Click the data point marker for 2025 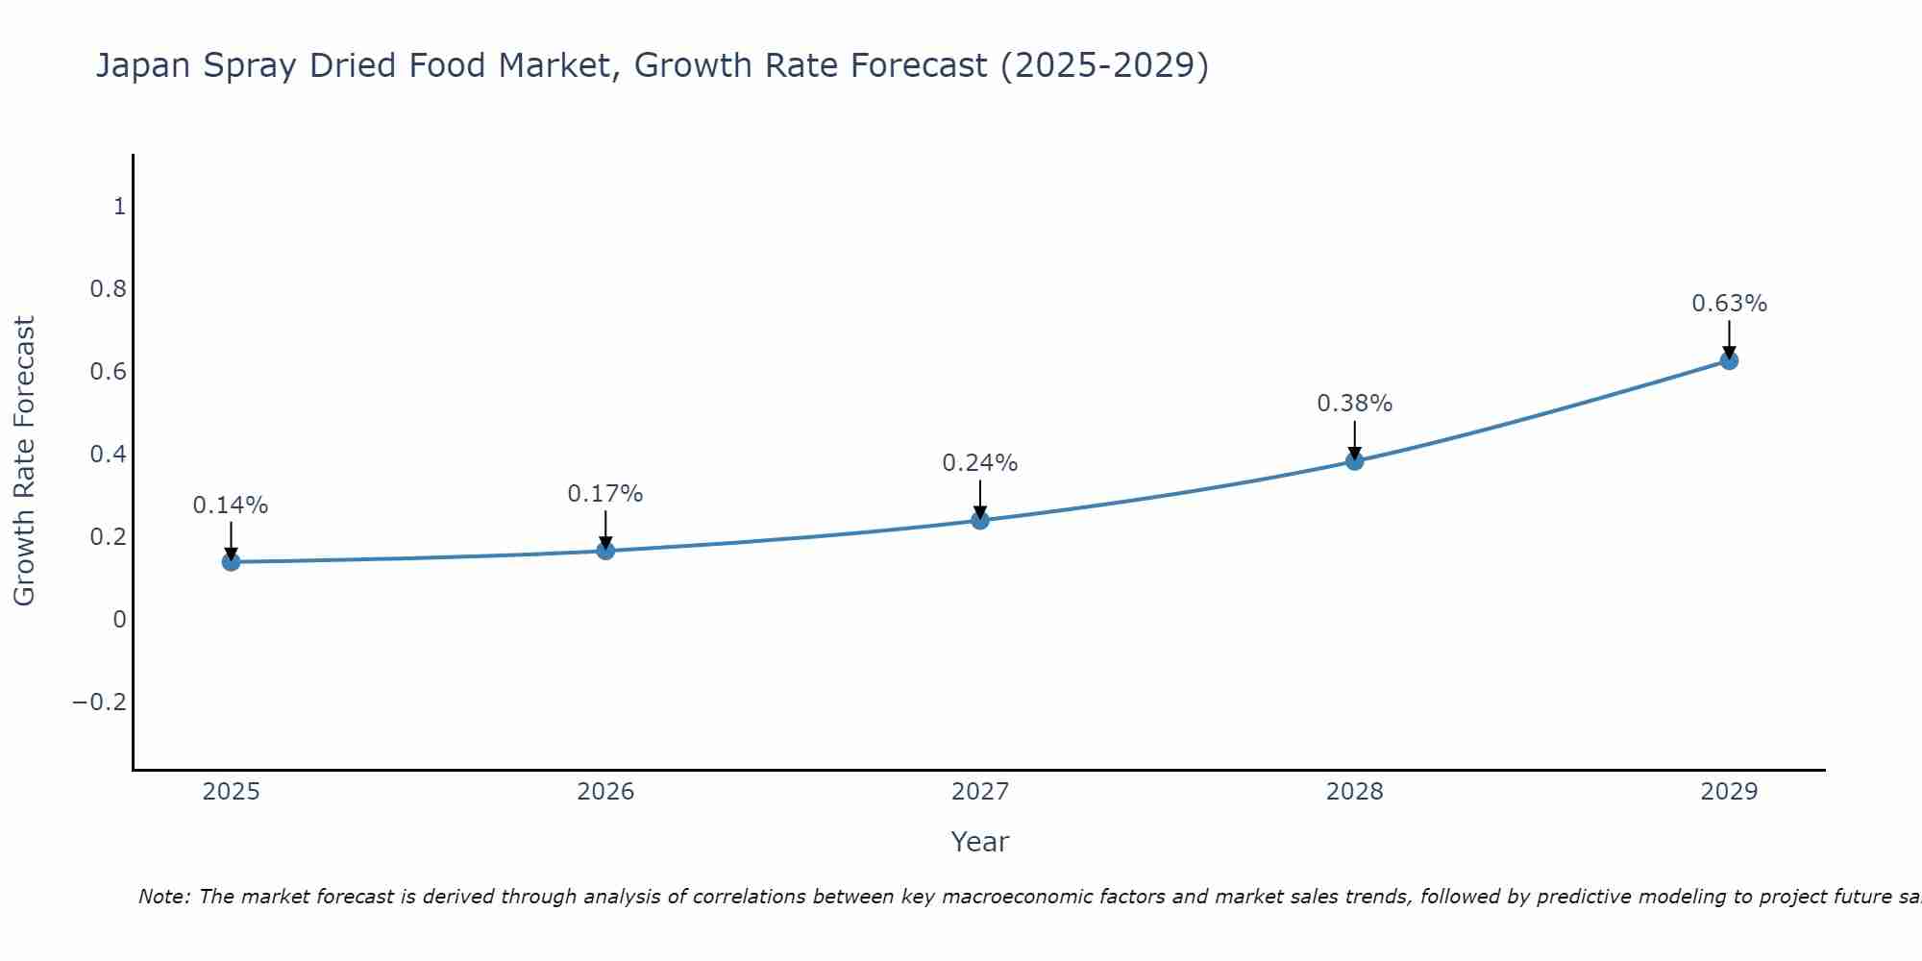pos(231,561)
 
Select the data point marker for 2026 pos(605,550)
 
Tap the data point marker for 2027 pos(979,520)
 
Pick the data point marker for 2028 pos(1354,460)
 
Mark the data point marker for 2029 pos(1729,360)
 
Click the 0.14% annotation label pos(231,505)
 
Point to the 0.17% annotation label pos(605,494)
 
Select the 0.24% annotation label pos(979,463)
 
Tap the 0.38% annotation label pos(1354,404)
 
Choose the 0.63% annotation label pos(1729,304)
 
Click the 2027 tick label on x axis pos(979,792)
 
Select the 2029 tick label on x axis pos(1729,792)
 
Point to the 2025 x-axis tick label pos(231,792)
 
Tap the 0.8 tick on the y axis pos(108,289)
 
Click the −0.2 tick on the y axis pos(99,702)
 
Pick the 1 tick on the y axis pos(119,207)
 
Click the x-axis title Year pos(979,842)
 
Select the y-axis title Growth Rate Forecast pos(25,461)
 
